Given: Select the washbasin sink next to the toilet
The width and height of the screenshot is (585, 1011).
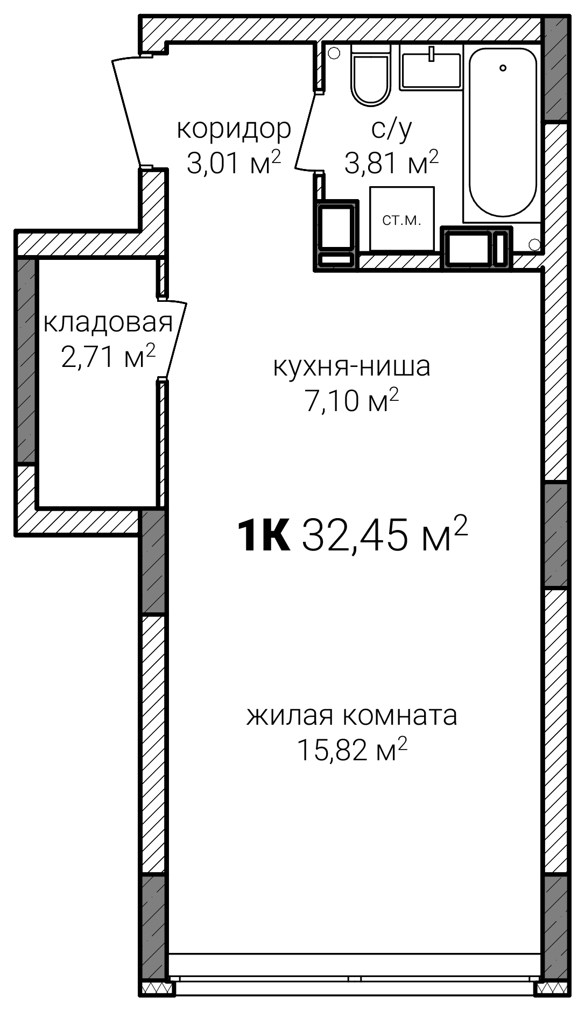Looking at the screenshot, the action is [431, 68].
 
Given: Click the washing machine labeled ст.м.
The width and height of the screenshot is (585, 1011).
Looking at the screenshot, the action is [401, 219].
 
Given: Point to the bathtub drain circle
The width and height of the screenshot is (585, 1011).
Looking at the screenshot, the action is [503, 68].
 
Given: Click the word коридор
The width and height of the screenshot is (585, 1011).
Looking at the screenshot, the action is [234, 129].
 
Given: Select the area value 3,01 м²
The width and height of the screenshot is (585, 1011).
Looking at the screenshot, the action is [234, 162].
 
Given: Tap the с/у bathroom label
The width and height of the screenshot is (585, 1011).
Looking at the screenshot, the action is [391, 129].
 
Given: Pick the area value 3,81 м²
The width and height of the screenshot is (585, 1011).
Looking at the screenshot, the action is [391, 162].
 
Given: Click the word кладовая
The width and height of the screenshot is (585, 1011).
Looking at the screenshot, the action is [108, 322].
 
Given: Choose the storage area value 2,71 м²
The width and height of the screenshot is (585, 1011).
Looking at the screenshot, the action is [108, 356].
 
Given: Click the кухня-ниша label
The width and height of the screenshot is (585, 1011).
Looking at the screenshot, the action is [352, 366].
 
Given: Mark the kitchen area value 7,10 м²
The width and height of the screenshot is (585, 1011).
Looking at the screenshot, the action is [352, 400].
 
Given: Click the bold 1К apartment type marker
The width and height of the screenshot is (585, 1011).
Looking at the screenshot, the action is [264, 535].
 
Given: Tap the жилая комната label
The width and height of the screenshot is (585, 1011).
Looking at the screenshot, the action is [352, 715].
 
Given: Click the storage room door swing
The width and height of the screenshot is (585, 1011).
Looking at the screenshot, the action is [173, 339].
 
